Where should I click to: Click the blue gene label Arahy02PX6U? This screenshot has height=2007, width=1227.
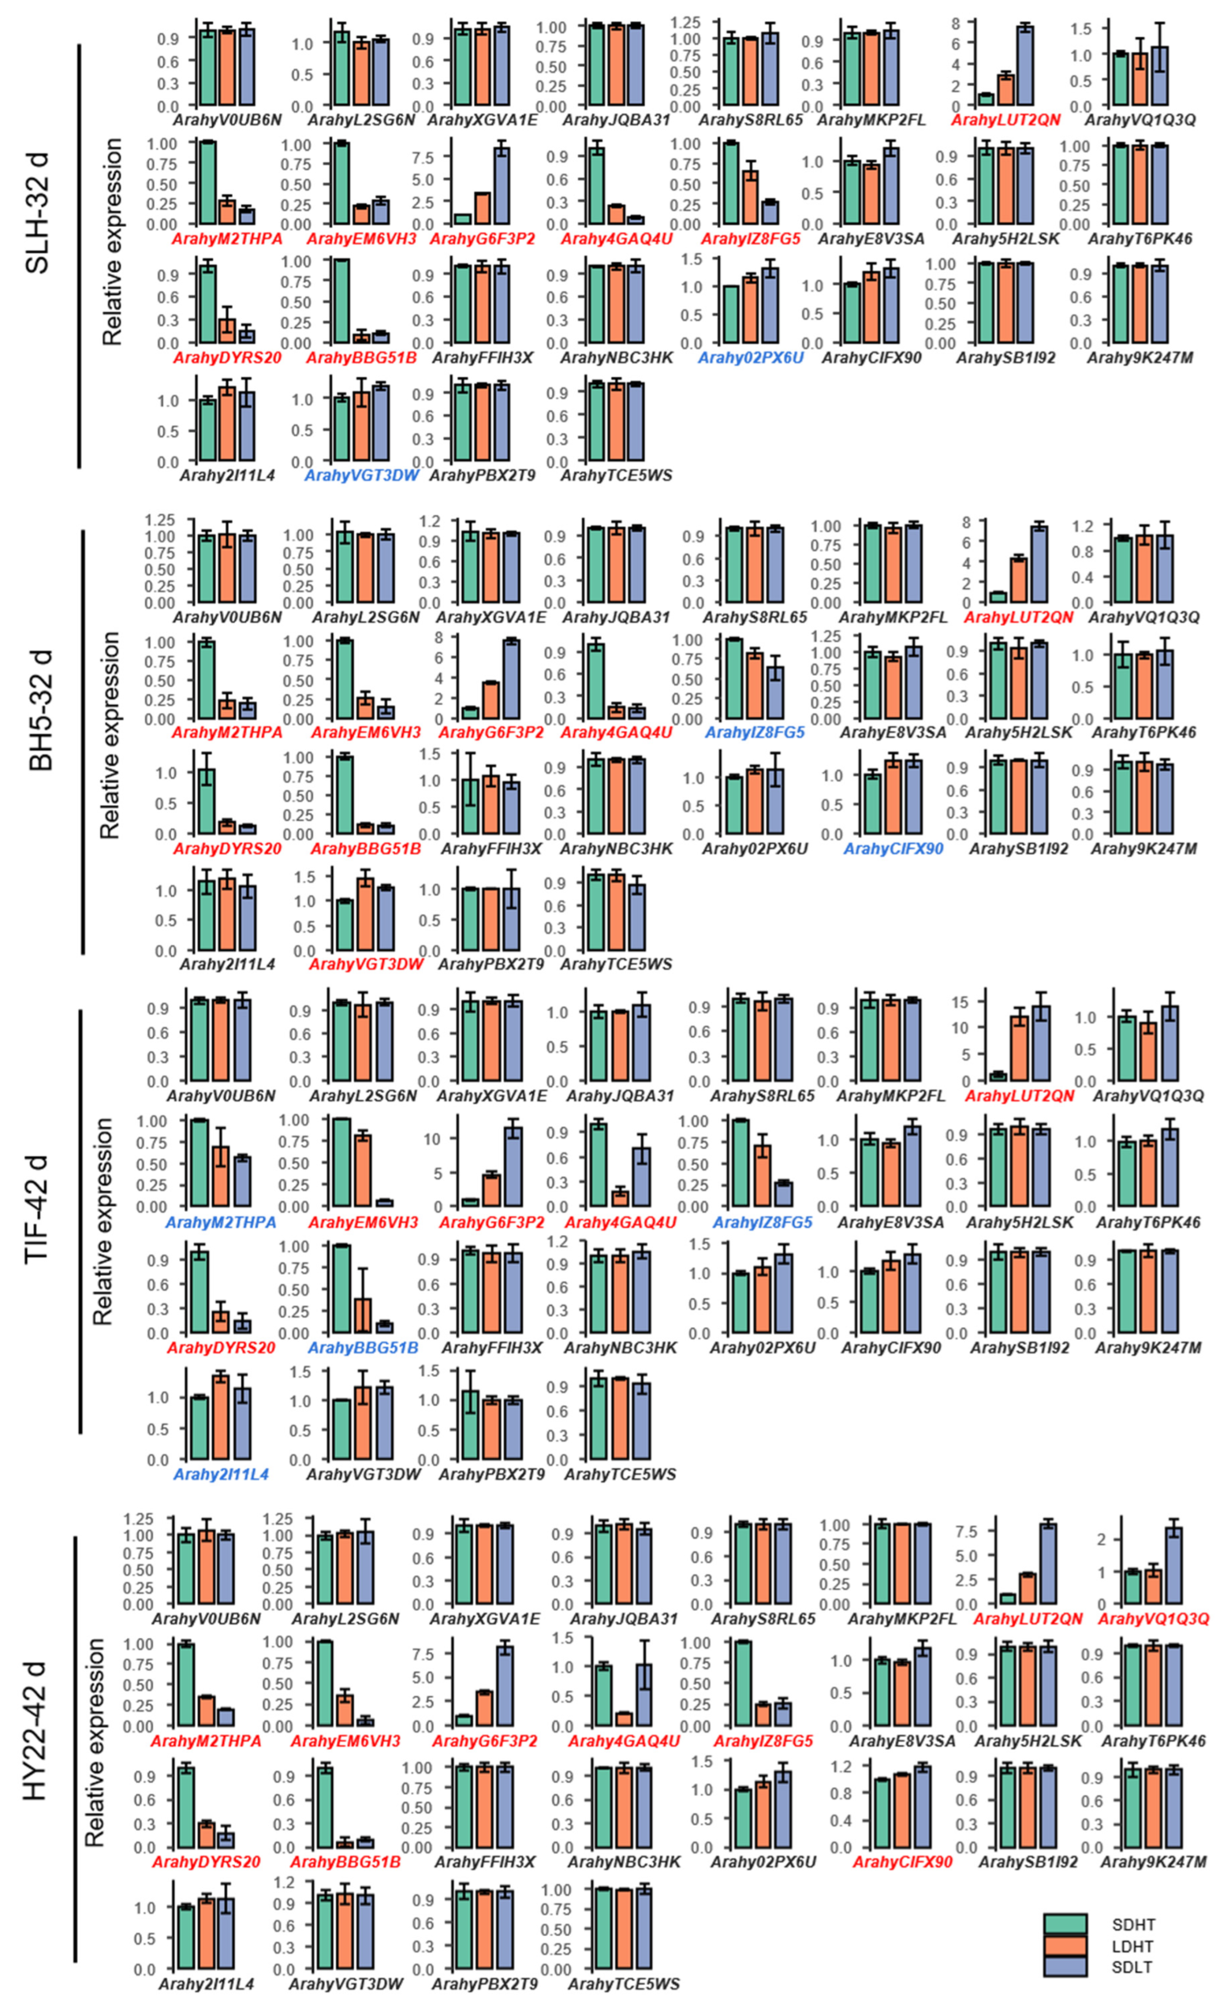[750, 357]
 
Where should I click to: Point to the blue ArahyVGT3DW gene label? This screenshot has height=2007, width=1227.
[361, 476]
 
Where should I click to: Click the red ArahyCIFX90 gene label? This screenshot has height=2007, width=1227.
[902, 1862]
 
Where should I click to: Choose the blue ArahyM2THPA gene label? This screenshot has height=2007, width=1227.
[221, 1223]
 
